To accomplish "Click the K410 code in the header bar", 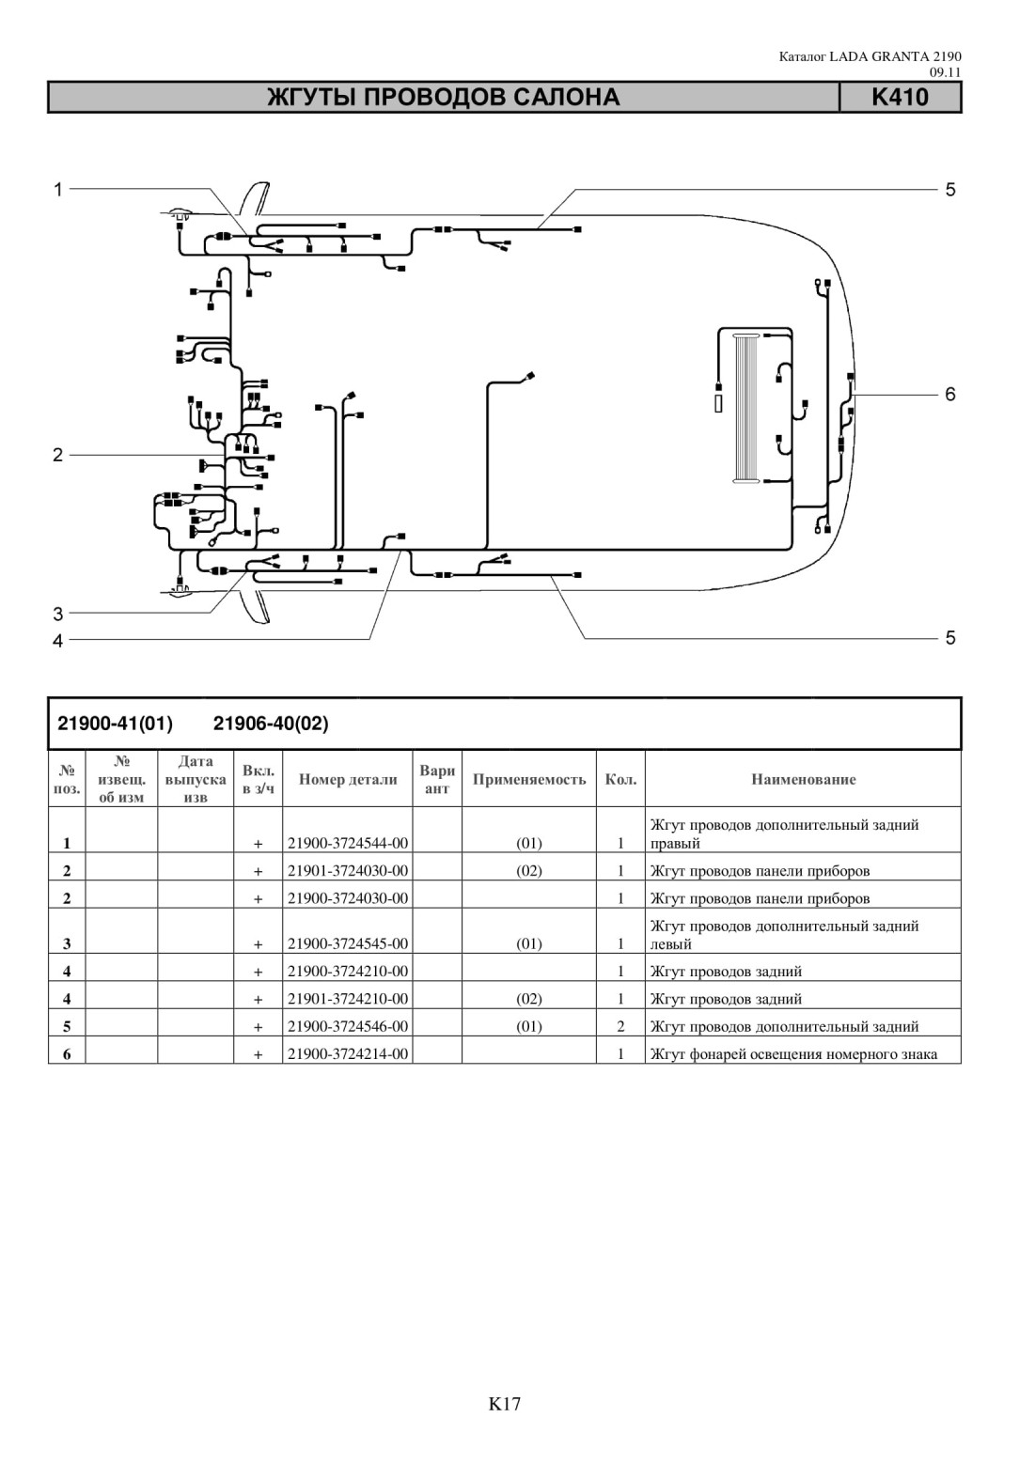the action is pyautogui.click(x=900, y=98).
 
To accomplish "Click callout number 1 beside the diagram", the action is pyautogui.click(x=58, y=190).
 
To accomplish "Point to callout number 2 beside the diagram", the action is pyautogui.click(x=57, y=455).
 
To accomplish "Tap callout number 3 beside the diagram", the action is pyautogui.click(x=58, y=615).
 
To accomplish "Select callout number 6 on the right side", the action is pyautogui.click(x=950, y=394).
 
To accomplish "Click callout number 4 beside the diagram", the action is pyautogui.click(x=58, y=641).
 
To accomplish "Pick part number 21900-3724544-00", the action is pyautogui.click(x=348, y=843).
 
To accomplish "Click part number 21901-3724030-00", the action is pyautogui.click(x=348, y=870).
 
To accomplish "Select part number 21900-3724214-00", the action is pyautogui.click(x=348, y=1053).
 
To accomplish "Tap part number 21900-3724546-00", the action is pyautogui.click(x=348, y=1026).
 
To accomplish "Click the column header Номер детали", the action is pyautogui.click(x=348, y=779).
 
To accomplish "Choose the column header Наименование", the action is pyautogui.click(x=804, y=779).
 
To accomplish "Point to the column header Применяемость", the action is pyautogui.click(x=529, y=779).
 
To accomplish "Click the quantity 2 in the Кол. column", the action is pyautogui.click(x=620, y=1026).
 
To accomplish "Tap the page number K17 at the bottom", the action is pyautogui.click(x=504, y=1403).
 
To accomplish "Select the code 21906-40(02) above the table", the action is pyautogui.click(x=271, y=724).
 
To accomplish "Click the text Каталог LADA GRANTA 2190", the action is pyautogui.click(x=870, y=57).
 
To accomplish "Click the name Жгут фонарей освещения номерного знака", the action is pyautogui.click(x=793, y=1053).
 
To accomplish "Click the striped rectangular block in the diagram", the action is pyautogui.click(x=746, y=409).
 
